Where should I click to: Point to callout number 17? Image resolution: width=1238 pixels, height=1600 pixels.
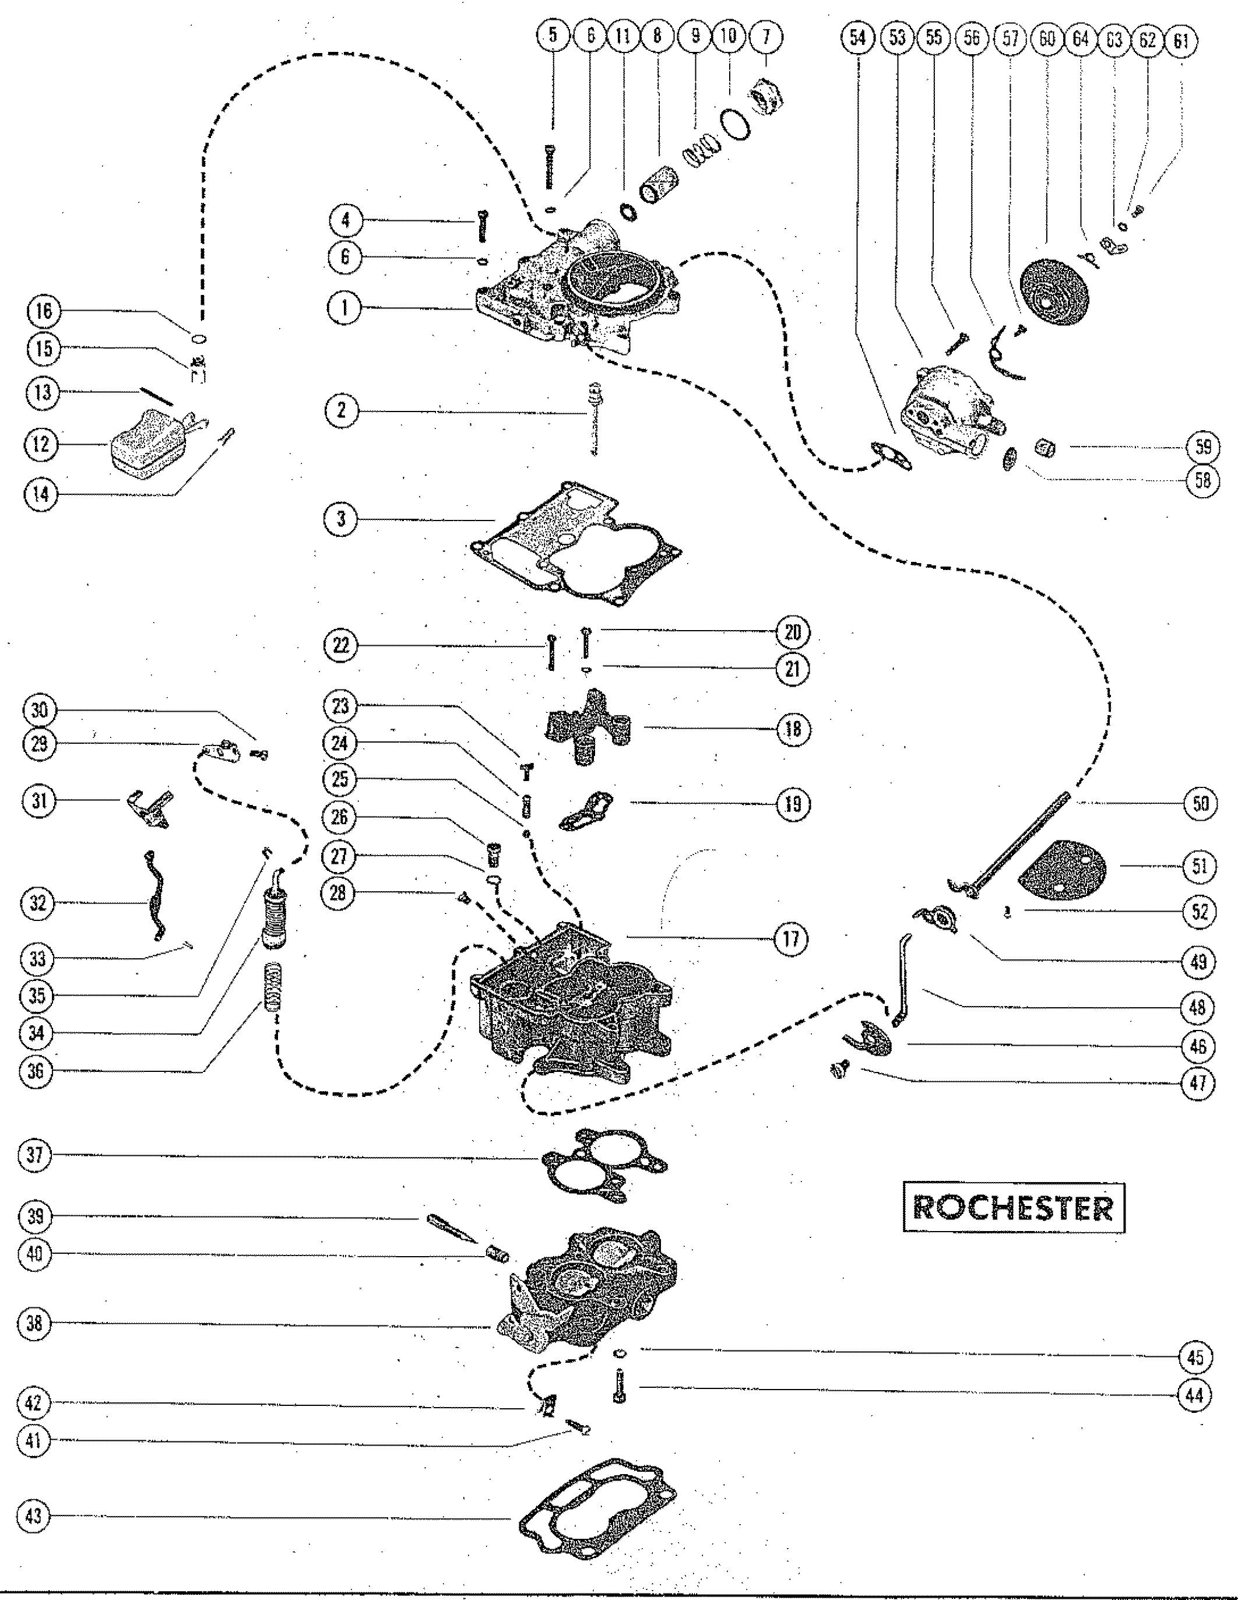tap(793, 938)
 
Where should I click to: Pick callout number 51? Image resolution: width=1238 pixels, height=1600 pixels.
tap(1198, 866)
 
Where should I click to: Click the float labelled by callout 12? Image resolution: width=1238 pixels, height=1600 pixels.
tap(150, 442)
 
